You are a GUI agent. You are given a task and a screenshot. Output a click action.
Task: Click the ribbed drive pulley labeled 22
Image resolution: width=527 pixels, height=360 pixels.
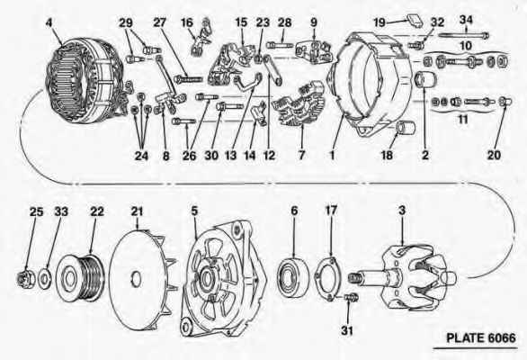coord(81,278)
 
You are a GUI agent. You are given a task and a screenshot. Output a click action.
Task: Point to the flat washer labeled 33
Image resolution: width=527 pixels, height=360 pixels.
coord(45,279)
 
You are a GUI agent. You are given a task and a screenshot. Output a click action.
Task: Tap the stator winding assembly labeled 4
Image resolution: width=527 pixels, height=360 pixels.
coord(84,79)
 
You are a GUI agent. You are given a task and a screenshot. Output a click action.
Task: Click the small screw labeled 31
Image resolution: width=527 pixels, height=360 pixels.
coord(352,297)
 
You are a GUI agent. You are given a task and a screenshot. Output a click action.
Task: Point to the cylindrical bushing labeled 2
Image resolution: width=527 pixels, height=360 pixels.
coord(425,80)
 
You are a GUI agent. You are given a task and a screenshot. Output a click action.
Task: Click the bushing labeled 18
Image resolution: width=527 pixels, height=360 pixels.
coord(406,129)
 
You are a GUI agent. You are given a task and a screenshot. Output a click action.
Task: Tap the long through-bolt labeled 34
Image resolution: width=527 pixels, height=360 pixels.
coord(463,35)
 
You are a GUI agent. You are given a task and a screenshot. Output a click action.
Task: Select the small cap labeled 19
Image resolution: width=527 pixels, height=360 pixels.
coord(415,20)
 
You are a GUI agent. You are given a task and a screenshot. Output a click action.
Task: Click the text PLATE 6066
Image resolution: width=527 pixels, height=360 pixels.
coord(480,337)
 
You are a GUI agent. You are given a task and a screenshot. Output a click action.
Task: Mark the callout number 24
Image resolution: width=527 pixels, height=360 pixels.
coord(141,156)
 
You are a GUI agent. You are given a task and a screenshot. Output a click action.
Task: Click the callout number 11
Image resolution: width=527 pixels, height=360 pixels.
coord(463,120)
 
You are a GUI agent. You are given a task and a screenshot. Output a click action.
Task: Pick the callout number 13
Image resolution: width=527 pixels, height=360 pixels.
coord(230,156)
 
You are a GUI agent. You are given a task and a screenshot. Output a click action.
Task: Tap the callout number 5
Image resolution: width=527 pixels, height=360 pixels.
coord(194,211)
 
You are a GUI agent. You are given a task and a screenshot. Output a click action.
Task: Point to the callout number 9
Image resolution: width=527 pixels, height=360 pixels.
coord(314,22)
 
